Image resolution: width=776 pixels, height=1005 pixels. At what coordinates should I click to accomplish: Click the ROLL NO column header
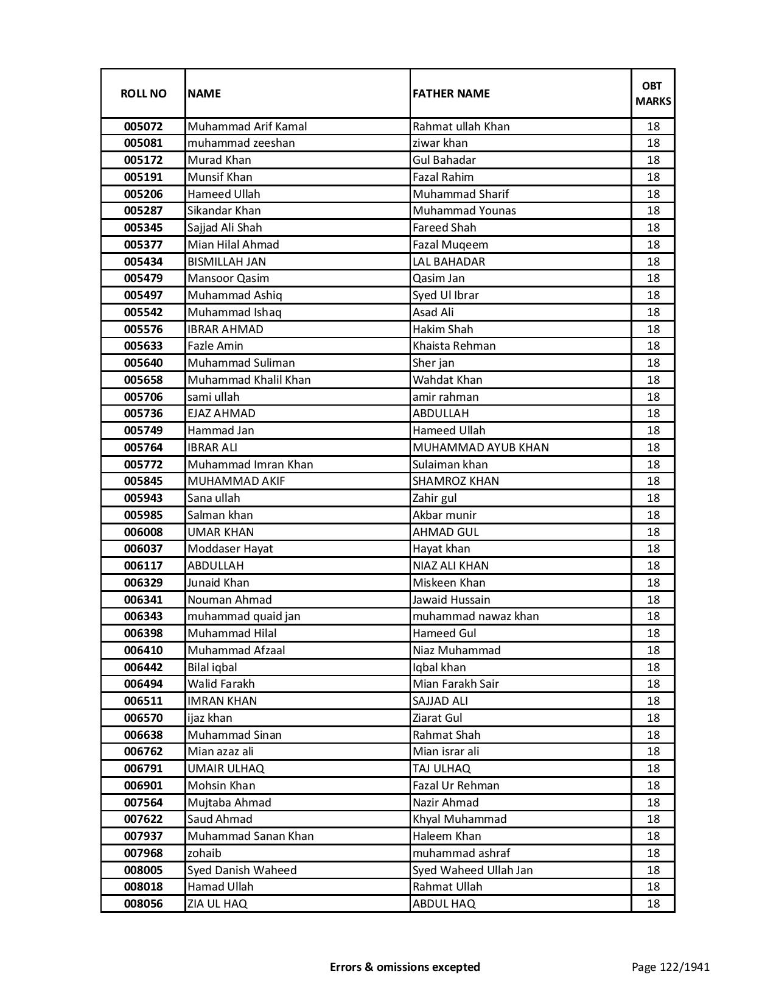(143, 93)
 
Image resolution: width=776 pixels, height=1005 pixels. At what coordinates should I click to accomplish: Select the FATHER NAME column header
(451, 93)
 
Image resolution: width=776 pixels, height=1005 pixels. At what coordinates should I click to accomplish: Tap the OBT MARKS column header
(653, 93)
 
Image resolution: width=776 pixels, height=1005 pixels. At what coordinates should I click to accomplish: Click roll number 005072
(143, 127)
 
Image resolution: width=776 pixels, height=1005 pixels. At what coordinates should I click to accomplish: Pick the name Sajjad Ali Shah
(225, 228)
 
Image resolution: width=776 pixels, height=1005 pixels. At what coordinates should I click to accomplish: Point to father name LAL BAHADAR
(449, 261)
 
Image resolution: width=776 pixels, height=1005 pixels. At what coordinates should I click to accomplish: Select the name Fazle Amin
(215, 346)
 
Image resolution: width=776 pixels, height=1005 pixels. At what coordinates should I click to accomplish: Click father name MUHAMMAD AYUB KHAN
(480, 447)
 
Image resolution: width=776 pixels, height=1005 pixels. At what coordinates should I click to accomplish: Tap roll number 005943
(143, 498)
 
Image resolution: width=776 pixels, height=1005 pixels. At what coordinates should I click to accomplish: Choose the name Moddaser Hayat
(230, 549)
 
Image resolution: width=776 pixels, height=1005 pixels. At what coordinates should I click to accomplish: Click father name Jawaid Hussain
(451, 599)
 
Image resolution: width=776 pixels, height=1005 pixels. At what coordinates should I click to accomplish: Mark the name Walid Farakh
(221, 684)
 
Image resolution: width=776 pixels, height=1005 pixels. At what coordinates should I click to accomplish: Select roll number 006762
(143, 752)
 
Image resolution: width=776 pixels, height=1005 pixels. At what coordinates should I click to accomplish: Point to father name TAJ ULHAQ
(441, 769)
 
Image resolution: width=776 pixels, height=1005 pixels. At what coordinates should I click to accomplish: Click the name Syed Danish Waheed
(242, 870)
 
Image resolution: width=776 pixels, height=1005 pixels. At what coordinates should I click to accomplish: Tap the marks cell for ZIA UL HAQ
(653, 904)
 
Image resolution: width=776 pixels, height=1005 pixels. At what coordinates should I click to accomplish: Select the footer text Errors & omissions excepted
(405, 967)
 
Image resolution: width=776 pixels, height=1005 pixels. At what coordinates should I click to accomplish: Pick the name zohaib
(204, 853)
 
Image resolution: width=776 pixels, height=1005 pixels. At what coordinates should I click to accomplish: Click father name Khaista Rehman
(454, 346)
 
